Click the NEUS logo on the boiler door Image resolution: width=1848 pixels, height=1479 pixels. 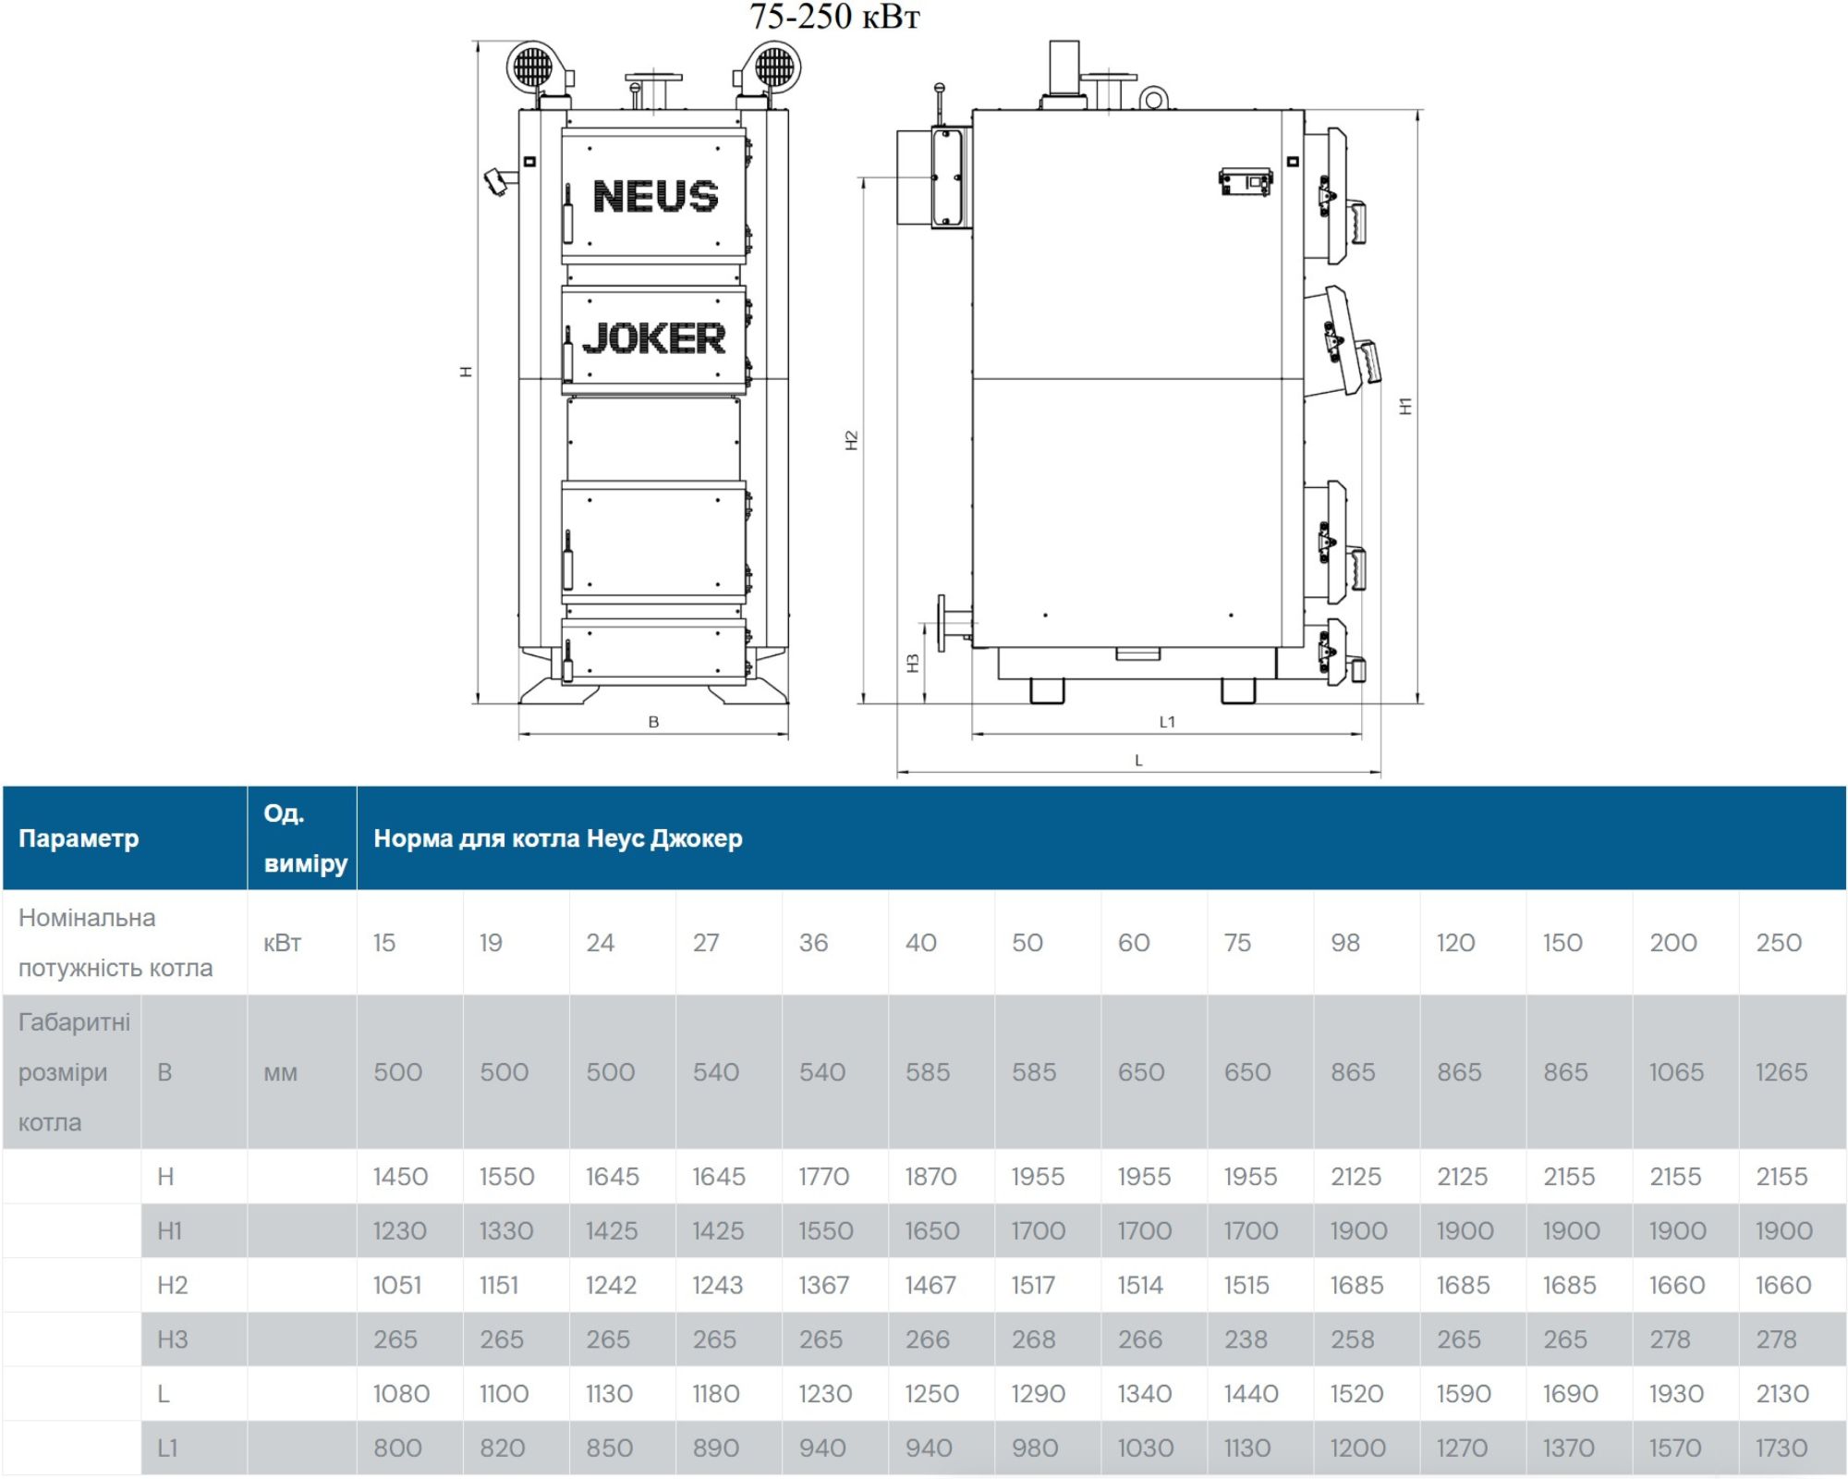(655, 196)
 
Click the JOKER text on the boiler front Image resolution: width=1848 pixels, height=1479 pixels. (653, 338)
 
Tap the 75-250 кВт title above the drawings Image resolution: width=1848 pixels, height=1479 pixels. (834, 17)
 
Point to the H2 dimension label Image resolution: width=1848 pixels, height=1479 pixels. (852, 441)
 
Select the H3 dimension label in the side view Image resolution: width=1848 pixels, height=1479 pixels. (913, 663)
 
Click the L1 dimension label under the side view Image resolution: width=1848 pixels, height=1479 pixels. (1167, 722)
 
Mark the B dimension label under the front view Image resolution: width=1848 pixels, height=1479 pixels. (653, 722)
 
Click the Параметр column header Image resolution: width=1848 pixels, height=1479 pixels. (79, 838)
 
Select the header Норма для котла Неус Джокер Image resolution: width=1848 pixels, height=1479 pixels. (558, 838)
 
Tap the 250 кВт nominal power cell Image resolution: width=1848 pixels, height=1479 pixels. (1779, 943)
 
